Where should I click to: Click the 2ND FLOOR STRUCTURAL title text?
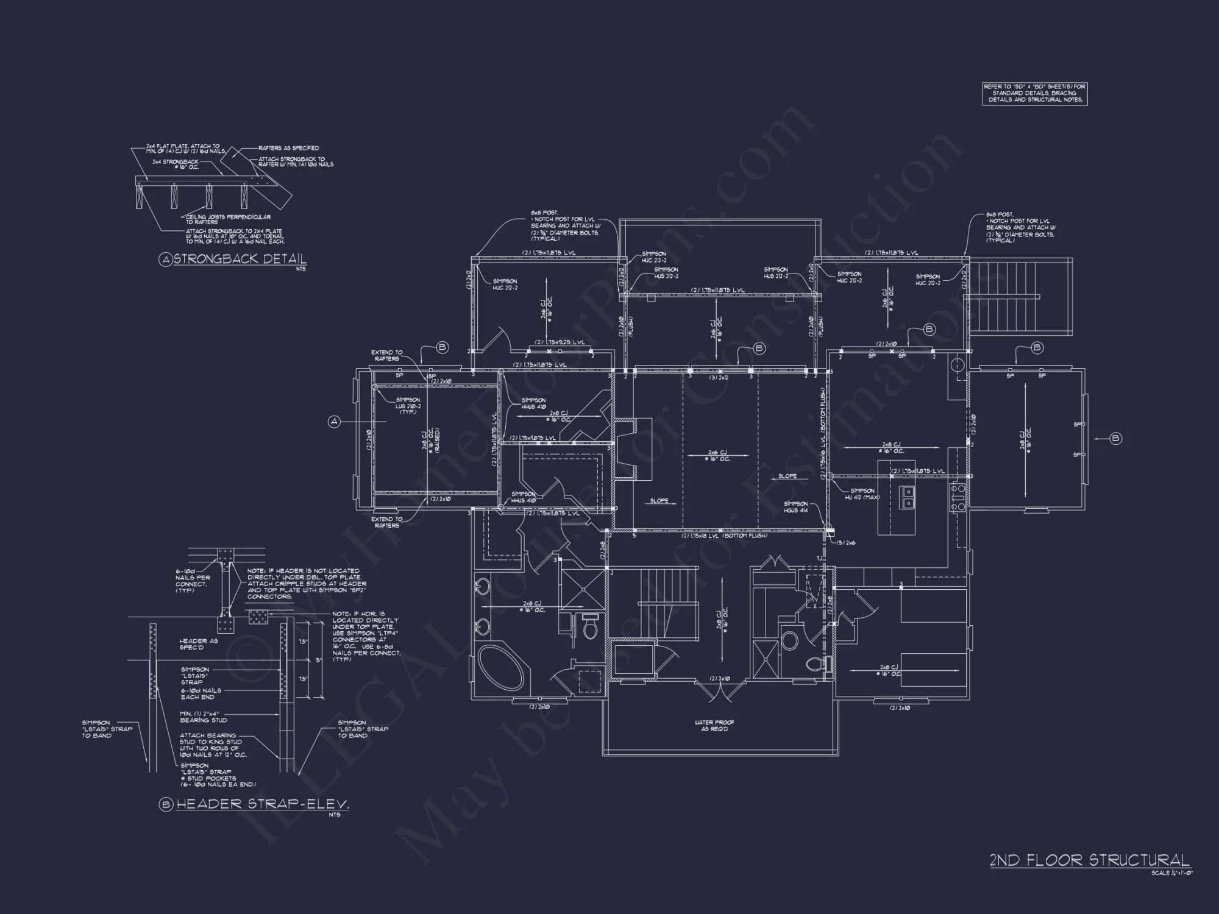pos(1089,860)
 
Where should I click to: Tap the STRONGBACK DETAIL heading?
pos(239,259)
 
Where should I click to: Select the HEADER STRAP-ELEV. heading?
pos(262,804)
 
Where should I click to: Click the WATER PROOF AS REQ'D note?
pos(714,726)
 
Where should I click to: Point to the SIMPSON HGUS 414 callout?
pos(795,507)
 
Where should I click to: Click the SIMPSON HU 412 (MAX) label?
pos(862,494)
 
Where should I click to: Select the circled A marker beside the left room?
pos(334,421)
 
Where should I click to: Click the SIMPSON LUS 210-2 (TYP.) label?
pos(408,406)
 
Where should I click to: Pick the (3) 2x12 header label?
pos(719,378)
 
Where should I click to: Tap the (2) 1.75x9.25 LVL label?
pos(560,342)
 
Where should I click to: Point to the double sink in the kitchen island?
pos(907,497)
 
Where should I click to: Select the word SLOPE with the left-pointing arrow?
pos(659,500)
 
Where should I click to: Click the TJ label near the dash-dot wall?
pos(820,558)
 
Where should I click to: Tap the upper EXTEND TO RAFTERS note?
pos(386,355)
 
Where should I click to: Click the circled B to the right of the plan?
pos(1115,438)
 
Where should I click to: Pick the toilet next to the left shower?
pos(589,627)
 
